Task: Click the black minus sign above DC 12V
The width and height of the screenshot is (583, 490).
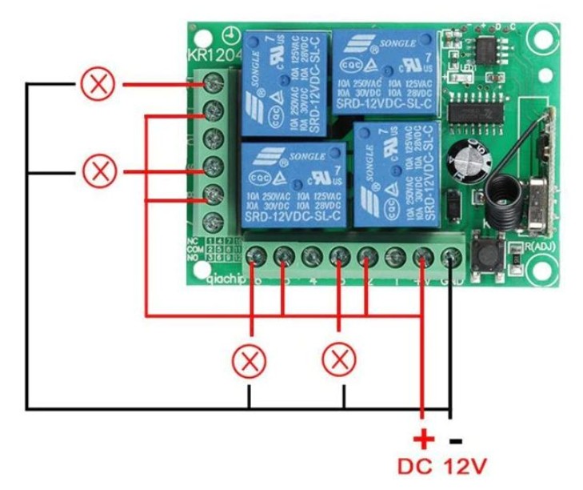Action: tap(456, 440)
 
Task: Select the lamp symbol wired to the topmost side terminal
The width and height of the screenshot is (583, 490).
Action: tap(98, 84)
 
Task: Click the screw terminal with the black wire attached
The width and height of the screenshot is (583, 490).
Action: tap(451, 257)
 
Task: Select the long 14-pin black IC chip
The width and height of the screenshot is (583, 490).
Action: tap(476, 111)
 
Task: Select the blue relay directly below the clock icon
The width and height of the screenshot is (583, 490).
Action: tap(285, 83)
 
